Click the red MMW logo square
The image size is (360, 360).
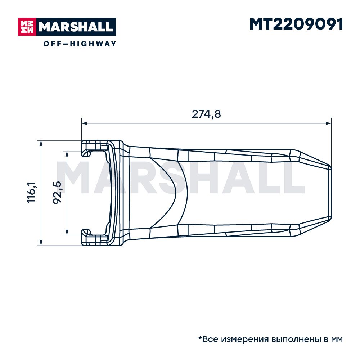tap(27, 27)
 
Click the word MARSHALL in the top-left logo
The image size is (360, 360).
tap(76, 27)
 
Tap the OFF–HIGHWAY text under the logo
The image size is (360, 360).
tap(80, 44)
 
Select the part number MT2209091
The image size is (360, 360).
tap(296, 24)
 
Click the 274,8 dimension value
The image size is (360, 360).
tap(206, 114)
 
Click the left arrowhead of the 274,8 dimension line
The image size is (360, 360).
tap(84, 123)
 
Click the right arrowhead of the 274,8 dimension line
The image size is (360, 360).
tap(329, 123)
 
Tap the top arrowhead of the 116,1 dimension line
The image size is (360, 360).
tap(41, 144)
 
